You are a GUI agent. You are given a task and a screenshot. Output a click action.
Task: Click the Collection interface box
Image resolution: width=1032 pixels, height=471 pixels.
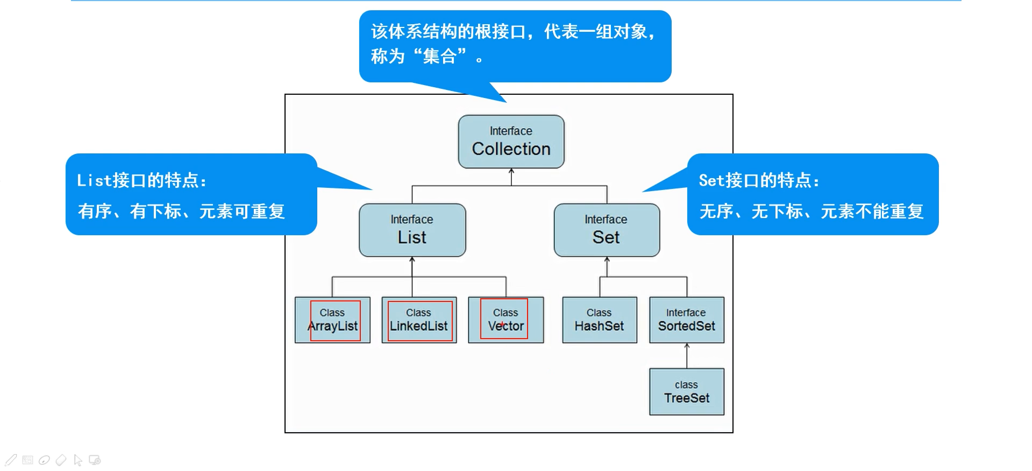tap(511, 142)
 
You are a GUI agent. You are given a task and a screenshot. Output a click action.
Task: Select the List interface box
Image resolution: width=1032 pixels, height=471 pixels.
tap(412, 230)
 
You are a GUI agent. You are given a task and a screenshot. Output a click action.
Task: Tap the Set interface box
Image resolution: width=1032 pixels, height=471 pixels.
tap(607, 230)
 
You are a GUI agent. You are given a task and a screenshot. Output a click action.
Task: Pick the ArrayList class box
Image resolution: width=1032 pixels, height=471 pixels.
tap(332, 320)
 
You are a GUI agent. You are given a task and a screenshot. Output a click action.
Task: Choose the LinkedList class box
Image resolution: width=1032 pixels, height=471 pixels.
tap(419, 320)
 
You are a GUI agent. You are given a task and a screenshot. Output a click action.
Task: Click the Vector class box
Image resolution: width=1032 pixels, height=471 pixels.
tap(506, 320)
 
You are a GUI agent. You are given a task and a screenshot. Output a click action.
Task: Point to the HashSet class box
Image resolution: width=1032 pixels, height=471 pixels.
tap(599, 320)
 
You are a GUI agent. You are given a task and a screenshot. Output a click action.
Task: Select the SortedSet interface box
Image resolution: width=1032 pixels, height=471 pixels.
tap(686, 320)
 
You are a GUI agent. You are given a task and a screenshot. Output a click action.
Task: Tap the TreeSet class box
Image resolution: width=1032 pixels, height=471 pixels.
tap(686, 392)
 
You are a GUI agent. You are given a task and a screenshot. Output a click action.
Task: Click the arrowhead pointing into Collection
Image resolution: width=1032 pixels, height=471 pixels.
tap(511, 172)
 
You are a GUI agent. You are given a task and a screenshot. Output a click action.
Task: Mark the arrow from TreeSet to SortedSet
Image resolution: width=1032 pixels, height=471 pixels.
tap(687, 355)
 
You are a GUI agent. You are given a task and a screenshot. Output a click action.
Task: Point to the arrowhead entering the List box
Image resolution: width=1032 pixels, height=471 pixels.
tap(412, 260)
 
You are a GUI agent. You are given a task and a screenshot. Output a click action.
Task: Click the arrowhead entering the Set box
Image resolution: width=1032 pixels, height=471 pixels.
tap(607, 260)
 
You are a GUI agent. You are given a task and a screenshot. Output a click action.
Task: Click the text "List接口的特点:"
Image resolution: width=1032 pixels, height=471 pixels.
tap(141, 181)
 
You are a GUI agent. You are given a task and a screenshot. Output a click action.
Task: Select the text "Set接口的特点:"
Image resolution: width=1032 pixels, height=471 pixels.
tap(759, 181)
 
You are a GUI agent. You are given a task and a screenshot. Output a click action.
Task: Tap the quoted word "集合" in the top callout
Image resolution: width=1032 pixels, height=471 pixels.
tap(440, 56)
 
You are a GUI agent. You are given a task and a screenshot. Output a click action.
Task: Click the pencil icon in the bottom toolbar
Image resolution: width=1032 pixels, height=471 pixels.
tap(11, 460)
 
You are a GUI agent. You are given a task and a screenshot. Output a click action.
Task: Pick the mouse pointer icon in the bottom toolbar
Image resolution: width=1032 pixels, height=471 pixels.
tap(78, 460)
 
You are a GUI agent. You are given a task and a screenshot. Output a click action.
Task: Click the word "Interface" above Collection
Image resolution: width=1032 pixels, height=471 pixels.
tap(511, 131)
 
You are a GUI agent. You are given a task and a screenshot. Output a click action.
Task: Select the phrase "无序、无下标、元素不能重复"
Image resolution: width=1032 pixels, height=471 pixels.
tap(811, 212)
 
